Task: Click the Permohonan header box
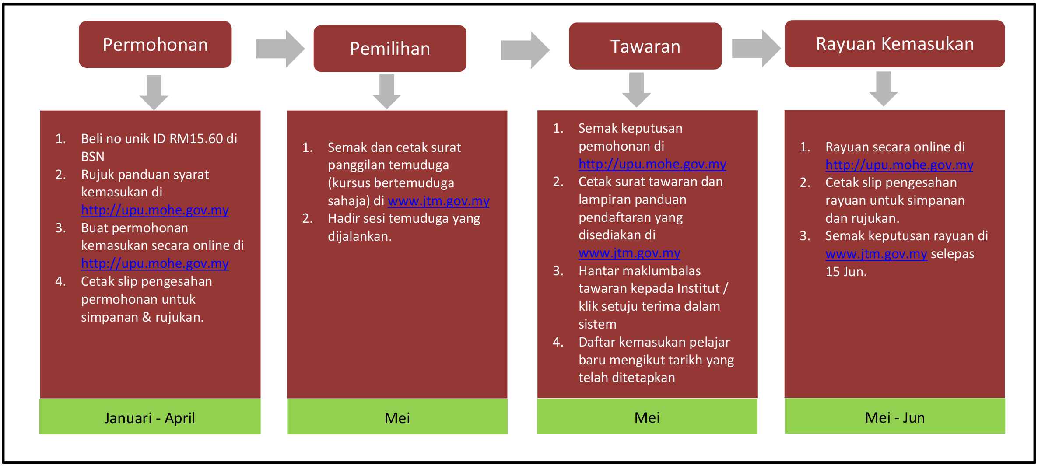155,44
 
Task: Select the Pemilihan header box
390,49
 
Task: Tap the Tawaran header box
645,46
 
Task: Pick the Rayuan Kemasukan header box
894,44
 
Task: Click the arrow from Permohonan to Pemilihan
280,49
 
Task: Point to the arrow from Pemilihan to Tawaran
525,50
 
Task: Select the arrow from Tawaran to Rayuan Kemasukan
756,48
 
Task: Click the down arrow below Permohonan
154,92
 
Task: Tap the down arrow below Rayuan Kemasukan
884,89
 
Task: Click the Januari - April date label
150,418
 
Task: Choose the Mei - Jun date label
895,417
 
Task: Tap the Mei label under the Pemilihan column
397,418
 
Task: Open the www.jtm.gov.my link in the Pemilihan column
438,201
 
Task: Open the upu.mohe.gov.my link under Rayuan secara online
899,165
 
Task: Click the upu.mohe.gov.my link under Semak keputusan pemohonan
652,164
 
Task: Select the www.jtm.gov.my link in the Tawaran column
629,253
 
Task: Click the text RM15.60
196,138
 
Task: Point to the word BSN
93,156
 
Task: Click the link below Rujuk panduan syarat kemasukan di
155,210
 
